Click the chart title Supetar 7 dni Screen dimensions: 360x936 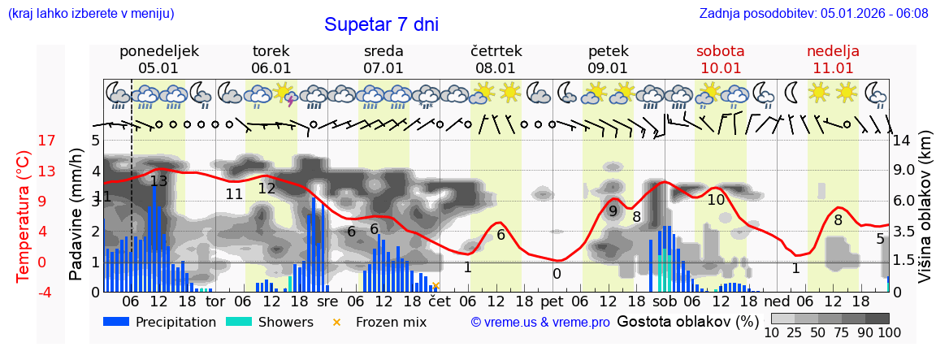point(381,24)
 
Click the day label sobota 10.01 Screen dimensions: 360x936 point(721,59)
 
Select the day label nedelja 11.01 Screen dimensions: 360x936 point(833,59)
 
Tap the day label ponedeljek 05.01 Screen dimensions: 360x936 point(158,59)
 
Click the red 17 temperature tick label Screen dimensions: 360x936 point(24,141)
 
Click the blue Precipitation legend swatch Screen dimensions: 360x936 point(116,322)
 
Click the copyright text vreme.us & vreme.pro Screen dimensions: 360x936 point(540,322)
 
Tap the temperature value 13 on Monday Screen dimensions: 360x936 point(158,181)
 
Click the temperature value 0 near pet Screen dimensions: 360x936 point(557,274)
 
